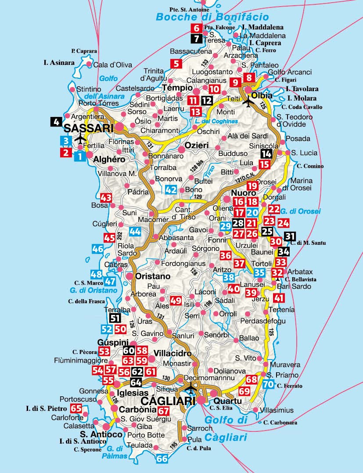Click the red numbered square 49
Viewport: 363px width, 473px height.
coord(176,300)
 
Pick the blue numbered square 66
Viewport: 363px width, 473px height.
coord(162,459)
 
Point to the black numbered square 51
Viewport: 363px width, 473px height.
coord(115,318)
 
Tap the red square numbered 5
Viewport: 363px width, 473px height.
coord(176,64)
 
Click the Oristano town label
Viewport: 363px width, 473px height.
coord(153,276)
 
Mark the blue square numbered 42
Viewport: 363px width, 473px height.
coord(171,190)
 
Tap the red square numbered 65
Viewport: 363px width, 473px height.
coord(76,409)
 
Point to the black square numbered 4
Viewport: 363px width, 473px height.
coord(56,122)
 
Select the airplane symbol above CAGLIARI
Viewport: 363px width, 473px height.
coord(191,388)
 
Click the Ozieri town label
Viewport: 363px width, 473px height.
coord(196,145)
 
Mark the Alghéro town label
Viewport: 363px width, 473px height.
coord(109,160)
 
